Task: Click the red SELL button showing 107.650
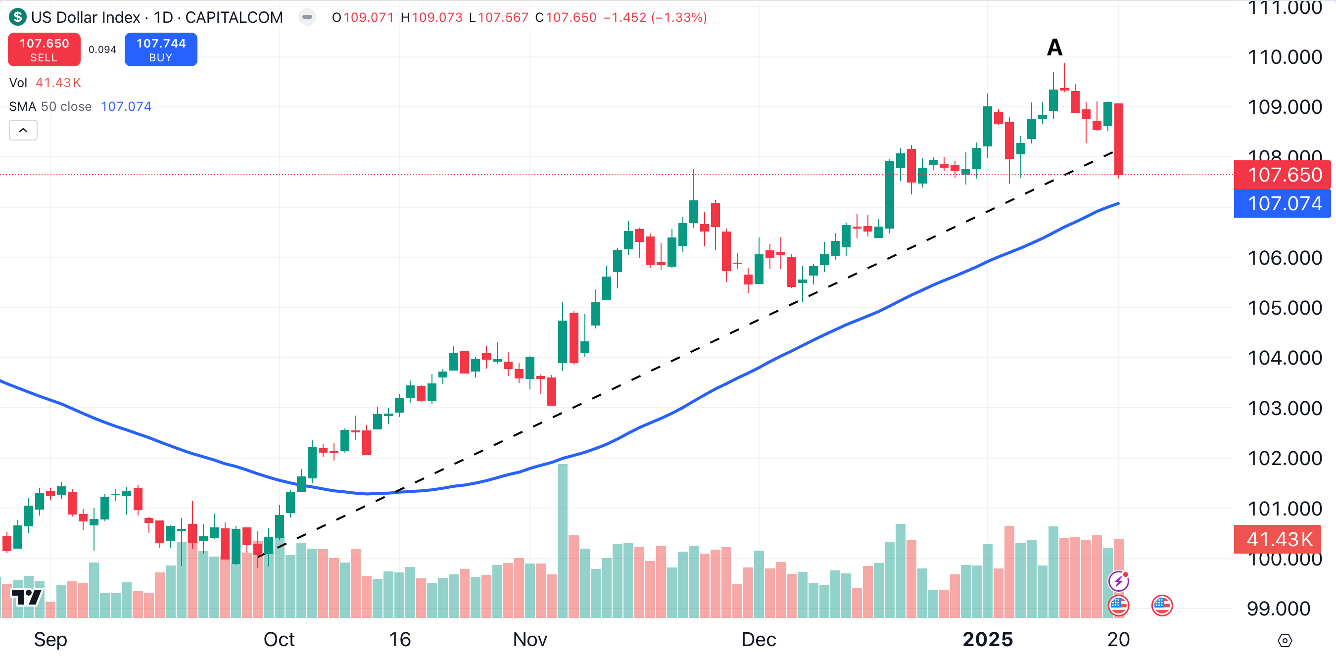(x=44, y=49)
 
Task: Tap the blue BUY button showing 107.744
(x=161, y=49)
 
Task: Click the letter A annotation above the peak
(x=1054, y=47)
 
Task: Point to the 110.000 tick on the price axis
(x=1284, y=57)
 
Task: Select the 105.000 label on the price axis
(x=1284, y=308)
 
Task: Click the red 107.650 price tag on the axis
(x=1282, y=175)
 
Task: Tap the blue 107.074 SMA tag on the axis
(x=1282, y=203)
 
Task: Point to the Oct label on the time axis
(x=279, y=639)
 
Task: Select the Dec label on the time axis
(x=758, y=639)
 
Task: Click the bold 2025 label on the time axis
(x=988, y=639)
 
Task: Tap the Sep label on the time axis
(x=50, y=639)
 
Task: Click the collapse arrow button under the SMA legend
(x=23, y=130)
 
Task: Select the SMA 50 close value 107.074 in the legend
(x=126, y=106)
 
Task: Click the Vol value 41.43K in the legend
(x=58, y=83)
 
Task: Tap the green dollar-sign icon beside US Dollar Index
(x=18, y=17)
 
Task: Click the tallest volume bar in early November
(x=562, y=539)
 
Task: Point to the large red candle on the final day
(x=1119, y=139)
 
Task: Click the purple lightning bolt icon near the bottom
(x=1118, y=581)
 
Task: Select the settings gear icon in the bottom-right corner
(x=1284, y=641)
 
